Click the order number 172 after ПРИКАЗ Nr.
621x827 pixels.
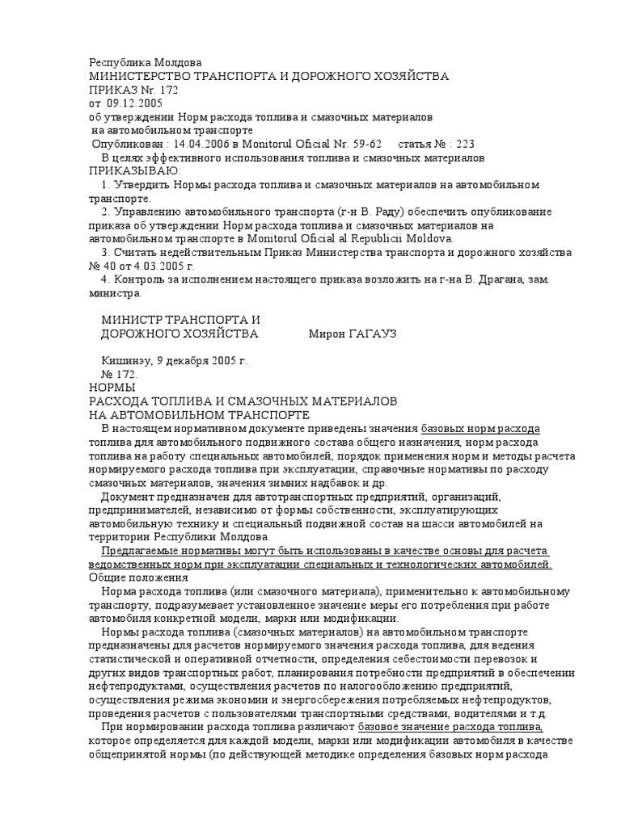click(x=167, y=90)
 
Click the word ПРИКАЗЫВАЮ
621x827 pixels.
click(x=134, y=170)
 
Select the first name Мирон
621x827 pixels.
click(x=328, y=333)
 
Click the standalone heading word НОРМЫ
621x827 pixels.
click(x=113, y=388)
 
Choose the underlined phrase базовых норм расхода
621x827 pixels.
click(x=480, y=428)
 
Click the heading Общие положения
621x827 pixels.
click(x=137, y=577)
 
